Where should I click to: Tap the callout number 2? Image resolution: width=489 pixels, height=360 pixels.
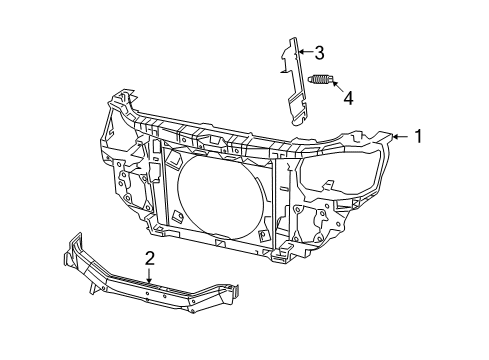coord(149,258)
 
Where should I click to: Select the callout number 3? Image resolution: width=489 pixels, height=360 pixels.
coord(319,52)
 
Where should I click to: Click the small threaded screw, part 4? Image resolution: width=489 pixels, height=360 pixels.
coord(321,80)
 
